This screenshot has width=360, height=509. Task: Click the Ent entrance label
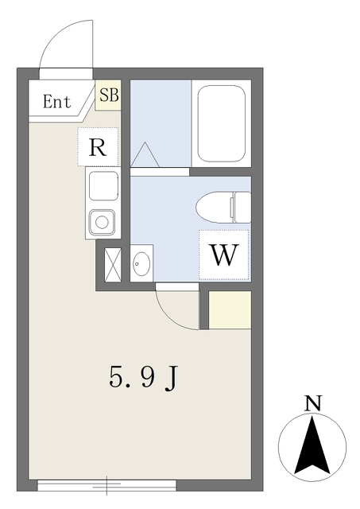coord(56,102)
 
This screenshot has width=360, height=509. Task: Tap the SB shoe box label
coord(108,95)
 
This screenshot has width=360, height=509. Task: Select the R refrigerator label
coord(98,147)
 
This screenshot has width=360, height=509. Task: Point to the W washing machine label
coord(224,255)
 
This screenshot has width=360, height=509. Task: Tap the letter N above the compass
coord(314,402)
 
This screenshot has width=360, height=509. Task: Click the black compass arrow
coord(314,445)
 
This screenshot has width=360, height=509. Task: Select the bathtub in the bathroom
coord(220,123)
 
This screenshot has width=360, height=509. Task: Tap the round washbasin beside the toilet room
coord(142,262)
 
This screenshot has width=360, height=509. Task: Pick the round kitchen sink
coord(102,220)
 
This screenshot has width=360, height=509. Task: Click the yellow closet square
coord(230,309)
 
